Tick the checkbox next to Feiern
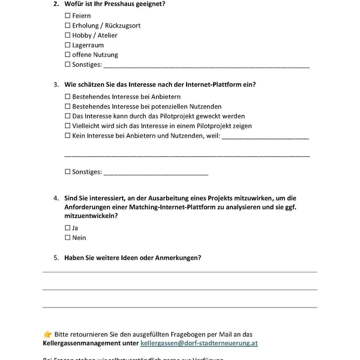tap(68, 16)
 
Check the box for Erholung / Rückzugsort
tap(68, 25)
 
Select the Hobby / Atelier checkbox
tap(68, 35)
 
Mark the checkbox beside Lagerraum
tap(68, 45)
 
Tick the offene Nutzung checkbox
tap(68, 55)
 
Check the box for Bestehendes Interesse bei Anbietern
tap(68, 97)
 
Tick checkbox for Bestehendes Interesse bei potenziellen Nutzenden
tap(68, 106)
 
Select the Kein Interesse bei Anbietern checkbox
tap(68, 136)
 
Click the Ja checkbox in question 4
tap(68, 228)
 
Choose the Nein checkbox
tap(68, 237)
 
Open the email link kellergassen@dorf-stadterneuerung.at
tap(199, 343)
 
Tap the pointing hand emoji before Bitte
tap(48, 335)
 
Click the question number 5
tap(56, 258)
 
